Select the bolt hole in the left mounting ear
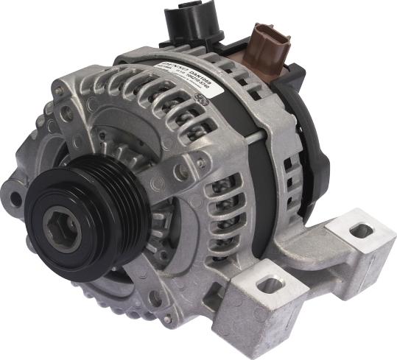point(15,197)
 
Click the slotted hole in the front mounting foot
point(270,284)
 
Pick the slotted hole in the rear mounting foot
point(360,231)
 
